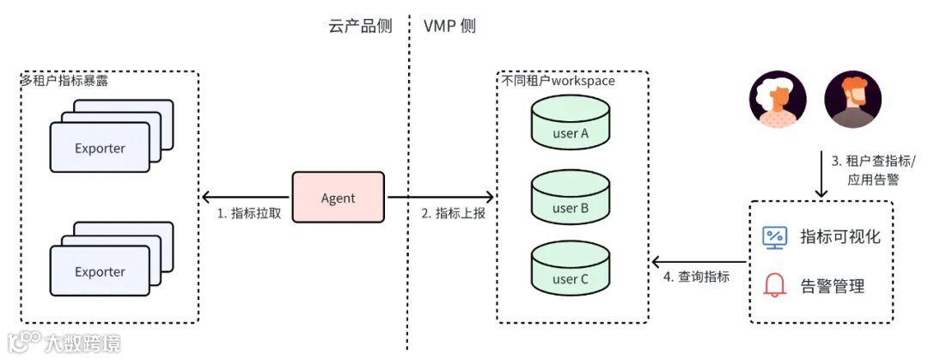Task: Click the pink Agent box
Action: (x=339, y=198)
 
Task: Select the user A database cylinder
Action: (x=571, y=124)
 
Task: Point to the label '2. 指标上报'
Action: (x=454, y=213)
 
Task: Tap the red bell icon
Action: (x=775, y=285)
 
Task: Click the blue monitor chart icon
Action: (x=775, y=237)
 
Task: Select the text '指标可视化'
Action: (x=840, y=237)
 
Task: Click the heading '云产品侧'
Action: (x=360, y=26)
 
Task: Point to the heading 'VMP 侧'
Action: (x=449, y=26)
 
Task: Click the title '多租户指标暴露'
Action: (x=64, y=81)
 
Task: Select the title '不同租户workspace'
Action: (x=559, y=81)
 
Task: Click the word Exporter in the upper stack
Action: (x=100, y=149)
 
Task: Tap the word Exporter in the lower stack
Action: (x=100, y=272)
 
